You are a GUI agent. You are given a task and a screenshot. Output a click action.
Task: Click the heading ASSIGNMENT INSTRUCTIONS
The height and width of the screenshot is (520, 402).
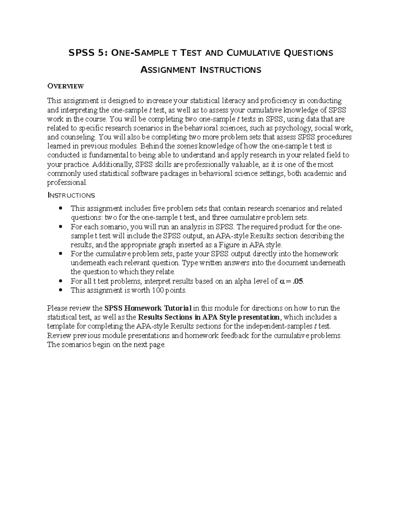click(200, 70)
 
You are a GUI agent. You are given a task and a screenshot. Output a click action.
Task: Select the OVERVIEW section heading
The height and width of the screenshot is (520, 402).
click(65, 86)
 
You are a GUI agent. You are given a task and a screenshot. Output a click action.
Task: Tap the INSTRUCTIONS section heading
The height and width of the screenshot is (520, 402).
click(71, 195)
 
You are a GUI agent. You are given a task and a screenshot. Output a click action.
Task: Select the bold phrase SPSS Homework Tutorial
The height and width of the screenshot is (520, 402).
click(148, 308)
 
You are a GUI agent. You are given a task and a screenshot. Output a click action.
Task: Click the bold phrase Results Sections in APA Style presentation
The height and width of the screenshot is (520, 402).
click(208, 317)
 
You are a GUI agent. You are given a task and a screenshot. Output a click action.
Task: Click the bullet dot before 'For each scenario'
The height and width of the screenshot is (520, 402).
click(60, 227)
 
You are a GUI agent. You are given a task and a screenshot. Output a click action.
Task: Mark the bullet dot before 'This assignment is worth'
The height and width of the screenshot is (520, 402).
click(60, 290)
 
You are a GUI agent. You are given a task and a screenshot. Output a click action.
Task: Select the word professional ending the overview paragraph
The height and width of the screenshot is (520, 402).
click(67, 183)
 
